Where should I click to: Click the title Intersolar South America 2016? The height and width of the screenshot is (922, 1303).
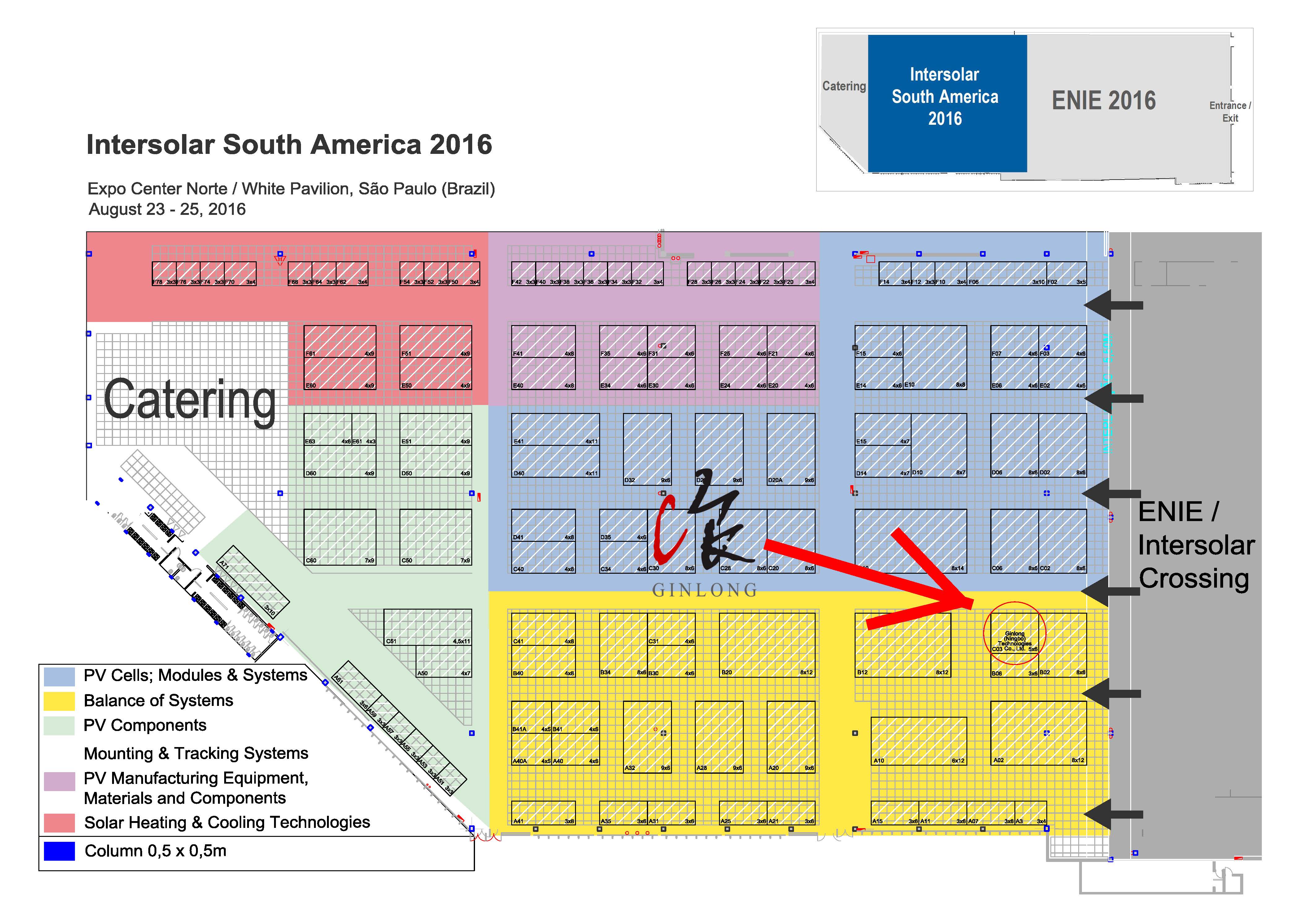[289, 145]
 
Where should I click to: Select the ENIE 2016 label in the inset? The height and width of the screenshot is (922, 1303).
[1103, 101]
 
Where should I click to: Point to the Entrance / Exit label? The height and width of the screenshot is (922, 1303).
[1230, 112]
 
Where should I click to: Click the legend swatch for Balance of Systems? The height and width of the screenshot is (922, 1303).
[59, 701]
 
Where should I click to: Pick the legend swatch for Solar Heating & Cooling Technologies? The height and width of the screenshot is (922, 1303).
[59, 823]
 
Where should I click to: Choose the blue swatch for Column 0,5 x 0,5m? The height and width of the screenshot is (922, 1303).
[59, 851]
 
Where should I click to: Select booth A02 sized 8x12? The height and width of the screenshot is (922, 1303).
[1038, 733]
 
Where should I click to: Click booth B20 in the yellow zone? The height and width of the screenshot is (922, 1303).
[766, 645]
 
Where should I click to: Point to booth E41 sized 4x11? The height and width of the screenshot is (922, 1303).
[555, 429]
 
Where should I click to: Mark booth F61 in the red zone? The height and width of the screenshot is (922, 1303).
[339, 341]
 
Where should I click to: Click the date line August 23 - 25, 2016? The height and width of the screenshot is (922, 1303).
[167, 210]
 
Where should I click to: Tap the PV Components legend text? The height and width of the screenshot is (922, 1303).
[145, 726]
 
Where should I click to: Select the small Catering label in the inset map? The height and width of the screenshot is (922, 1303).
[844, 86]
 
